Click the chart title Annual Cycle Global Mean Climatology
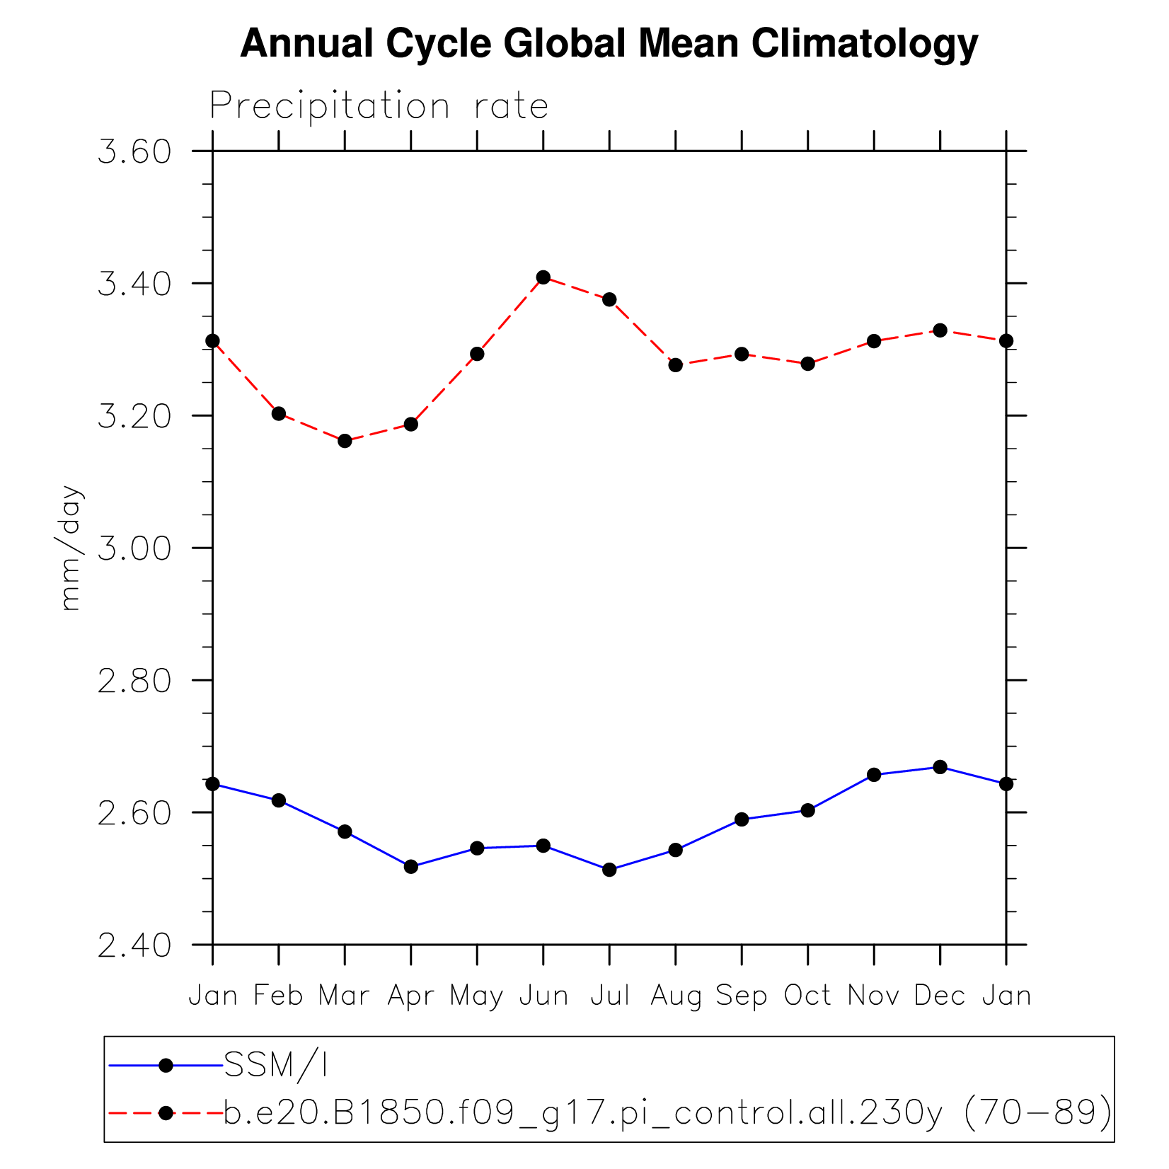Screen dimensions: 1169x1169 (609, 44)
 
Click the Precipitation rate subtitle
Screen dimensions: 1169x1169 (379, 107)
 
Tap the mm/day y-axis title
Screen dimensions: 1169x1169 (71, 547)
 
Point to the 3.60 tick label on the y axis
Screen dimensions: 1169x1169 (134, 152)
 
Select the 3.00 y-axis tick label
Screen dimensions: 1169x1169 (134, 548)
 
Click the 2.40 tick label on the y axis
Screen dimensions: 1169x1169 (134, 945)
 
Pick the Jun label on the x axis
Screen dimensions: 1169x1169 (543, 996)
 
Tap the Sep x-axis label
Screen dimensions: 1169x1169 (742, 996)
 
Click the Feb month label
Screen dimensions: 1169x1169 (279, 996)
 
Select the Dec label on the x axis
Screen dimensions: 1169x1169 (940, 996)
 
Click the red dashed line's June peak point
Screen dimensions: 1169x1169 (543, 277)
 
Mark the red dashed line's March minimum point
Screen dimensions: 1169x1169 (345, 441)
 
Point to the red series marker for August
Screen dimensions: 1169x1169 (676, 365)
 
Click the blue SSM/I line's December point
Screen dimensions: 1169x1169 (940, 767)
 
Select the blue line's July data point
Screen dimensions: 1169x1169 (609, 870)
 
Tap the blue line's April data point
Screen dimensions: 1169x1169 (411, 867)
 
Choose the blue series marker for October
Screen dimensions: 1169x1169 (807, 810)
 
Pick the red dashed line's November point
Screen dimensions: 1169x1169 (874, 341)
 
